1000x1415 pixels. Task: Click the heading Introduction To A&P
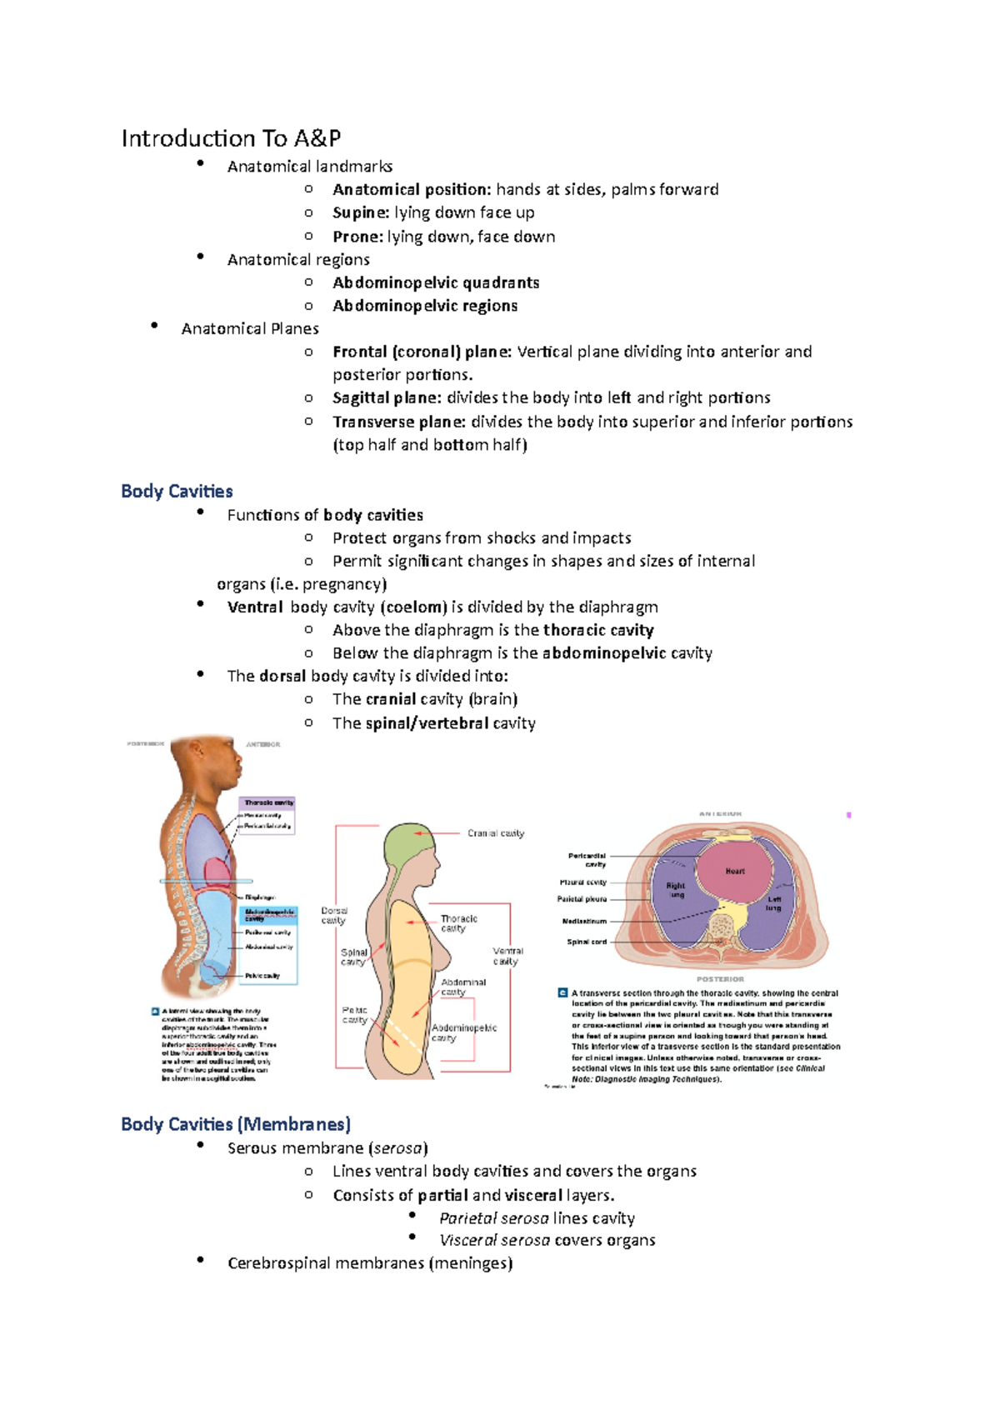pos(231,138)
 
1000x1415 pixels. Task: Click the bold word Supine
pos(360,212)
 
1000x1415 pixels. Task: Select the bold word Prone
pos(357,237)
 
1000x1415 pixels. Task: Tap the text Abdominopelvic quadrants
pos(436,282)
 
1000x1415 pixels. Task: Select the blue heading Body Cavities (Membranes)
pos(236,1124)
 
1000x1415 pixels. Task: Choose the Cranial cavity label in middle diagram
pos(496,833)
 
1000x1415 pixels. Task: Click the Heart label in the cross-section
pos(735,872)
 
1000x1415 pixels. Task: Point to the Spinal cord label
pos(587,942)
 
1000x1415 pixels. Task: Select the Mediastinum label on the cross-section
pos(584,922)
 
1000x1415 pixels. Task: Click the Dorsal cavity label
pos(334,916)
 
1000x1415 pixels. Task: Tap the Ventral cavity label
pos(507,956)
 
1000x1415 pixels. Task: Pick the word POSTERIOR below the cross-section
pos(720,979)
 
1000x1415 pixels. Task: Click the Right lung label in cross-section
pos(676,890)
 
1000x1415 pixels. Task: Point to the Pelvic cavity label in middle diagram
pos(355,1015)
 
